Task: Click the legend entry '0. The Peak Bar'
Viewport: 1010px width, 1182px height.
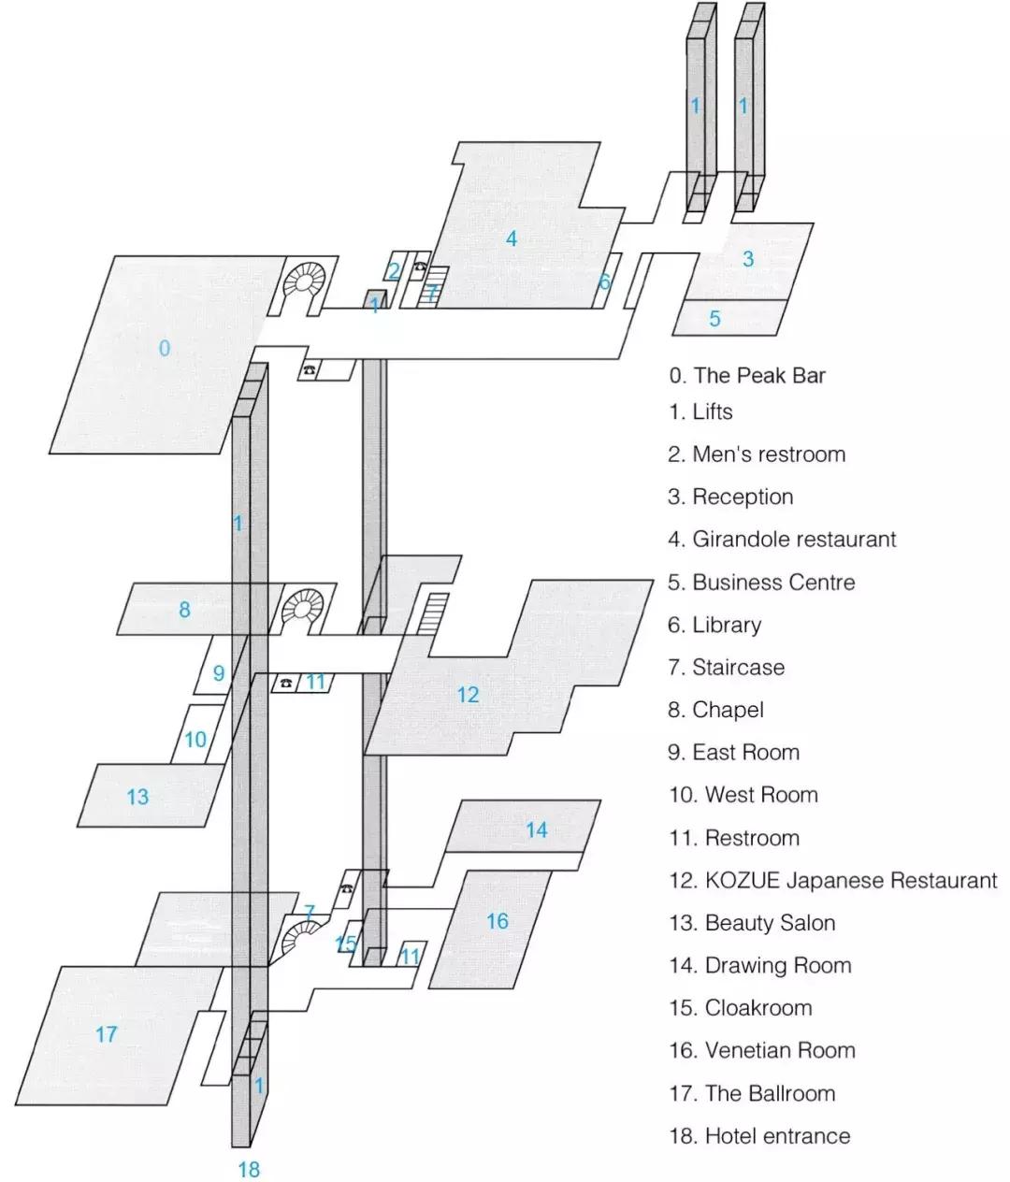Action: [x=747, y=376]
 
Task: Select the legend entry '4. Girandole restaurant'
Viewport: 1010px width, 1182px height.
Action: [x=782, y=540]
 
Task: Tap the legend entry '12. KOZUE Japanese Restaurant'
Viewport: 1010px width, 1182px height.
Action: [x=832, y=881]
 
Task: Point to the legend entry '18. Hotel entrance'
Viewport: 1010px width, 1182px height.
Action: [x=759, y=1136]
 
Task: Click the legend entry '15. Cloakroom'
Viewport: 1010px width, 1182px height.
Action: [x=740, y=1008]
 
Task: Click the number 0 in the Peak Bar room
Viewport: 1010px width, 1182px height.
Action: [x=165, y=349]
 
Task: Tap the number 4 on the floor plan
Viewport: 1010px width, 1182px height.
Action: [x=511, y=239]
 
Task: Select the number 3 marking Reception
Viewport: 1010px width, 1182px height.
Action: [x=747, y=259]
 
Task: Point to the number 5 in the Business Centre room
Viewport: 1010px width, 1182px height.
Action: [x=714, y=319]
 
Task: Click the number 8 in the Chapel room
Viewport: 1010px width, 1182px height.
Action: [x=184, y=610]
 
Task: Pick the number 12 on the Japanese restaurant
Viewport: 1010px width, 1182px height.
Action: [x=468, y=695]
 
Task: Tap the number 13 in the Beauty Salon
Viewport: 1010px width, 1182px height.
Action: [x=137, y=797]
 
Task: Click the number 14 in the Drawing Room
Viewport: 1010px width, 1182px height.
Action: [x=536, y=830]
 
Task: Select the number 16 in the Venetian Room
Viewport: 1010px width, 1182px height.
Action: [x=497, y=921]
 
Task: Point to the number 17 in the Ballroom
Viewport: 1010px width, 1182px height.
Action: [x=107, y=1034]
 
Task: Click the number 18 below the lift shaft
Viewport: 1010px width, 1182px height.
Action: [x=249, y=1169]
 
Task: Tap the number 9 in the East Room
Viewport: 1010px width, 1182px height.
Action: [x=219, y=673]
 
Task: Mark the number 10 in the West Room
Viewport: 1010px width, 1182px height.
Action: [x=195, y=741]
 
